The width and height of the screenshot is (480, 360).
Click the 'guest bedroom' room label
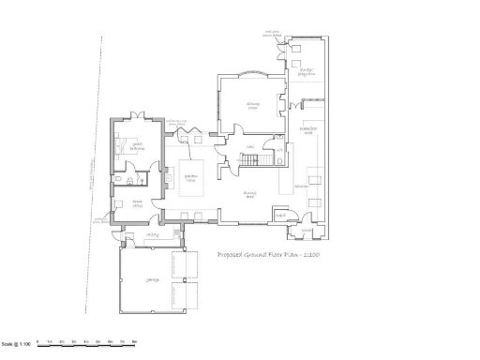[x=137, y=147]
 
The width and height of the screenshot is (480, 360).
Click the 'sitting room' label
[x=252, y=105]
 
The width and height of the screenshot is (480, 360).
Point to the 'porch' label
[x=306, y=232]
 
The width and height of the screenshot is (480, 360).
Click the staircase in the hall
[x=247, y=164]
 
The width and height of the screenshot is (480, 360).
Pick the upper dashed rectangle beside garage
[x=192, y=264]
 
